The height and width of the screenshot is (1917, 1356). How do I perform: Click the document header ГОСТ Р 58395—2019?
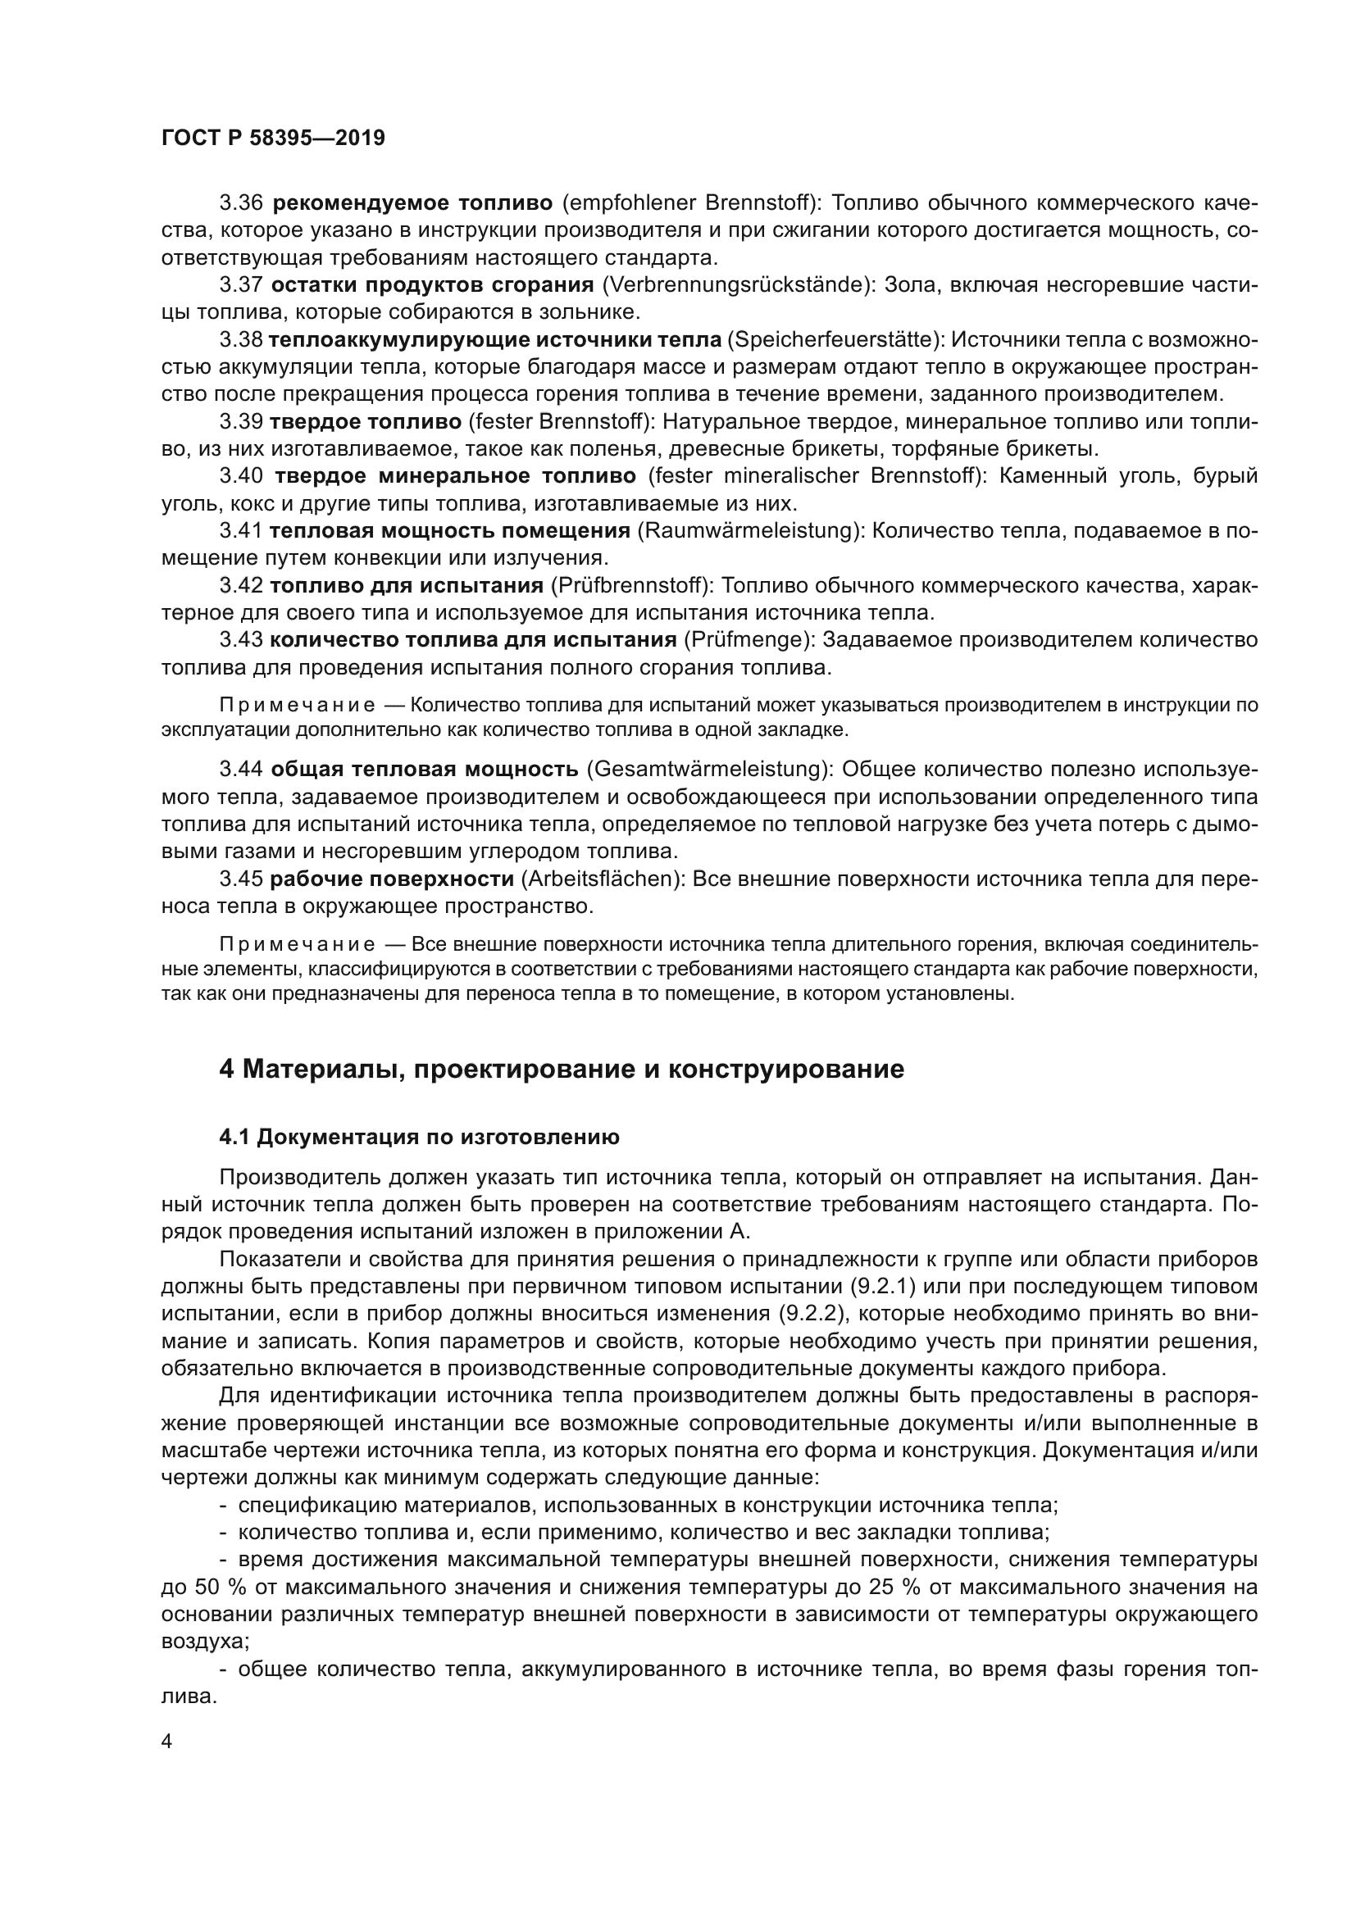[273, 139]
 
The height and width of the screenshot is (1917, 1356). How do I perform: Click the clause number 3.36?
[241, 203]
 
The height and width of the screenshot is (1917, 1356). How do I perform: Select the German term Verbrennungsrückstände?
[731, 284]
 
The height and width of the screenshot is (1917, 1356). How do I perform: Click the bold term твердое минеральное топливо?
[455, 477]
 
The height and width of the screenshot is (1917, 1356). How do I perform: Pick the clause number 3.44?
[241, 769]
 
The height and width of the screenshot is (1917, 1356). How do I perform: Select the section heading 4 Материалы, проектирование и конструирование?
[561, 1070]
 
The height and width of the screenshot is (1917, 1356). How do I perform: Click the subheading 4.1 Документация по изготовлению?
[419, 1138]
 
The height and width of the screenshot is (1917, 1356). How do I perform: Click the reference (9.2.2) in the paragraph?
[812, 1314]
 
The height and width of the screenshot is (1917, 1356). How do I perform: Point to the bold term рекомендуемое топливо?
[412, 203]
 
